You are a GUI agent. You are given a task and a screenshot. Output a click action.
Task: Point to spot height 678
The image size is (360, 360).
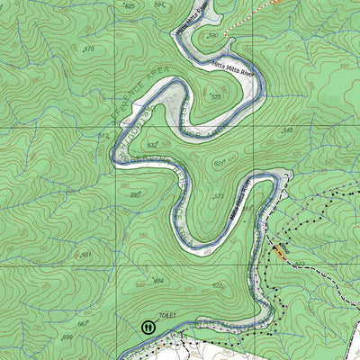88,49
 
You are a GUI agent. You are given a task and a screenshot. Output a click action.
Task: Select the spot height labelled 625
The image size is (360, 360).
130,6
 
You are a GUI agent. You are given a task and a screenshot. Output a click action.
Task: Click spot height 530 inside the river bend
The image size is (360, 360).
213,35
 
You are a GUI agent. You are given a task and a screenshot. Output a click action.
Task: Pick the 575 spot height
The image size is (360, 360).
216,96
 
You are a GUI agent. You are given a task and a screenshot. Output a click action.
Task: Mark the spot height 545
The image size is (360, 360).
288,131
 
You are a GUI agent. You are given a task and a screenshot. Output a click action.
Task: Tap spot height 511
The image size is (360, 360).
103,135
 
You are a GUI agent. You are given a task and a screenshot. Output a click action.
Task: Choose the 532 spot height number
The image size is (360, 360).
153,144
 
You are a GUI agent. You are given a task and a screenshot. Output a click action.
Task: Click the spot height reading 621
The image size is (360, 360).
219,163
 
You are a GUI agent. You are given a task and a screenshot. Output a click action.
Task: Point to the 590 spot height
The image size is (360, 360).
136,194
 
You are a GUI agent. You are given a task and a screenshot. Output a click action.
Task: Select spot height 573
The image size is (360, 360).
218,196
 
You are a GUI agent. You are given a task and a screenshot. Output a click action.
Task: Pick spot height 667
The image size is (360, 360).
82,324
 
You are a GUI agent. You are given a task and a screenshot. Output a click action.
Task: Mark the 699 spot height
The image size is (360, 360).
67,337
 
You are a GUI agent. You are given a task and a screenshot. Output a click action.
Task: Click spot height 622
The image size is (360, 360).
218,286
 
